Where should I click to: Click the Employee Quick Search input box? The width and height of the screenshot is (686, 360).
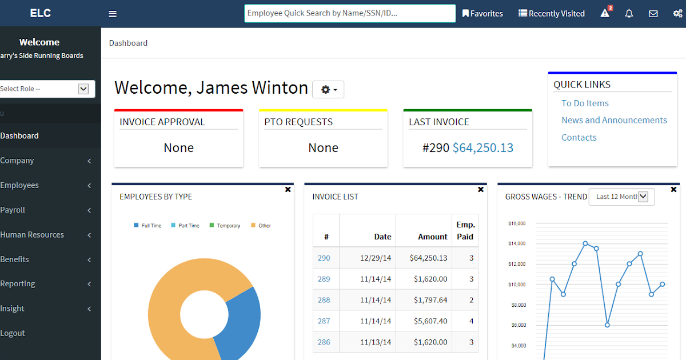point(349,13)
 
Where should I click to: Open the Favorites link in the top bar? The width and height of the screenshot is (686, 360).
point(483,14)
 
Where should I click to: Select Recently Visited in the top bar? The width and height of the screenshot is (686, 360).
point(552,14)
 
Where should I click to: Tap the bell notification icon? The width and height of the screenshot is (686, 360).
point(629,14)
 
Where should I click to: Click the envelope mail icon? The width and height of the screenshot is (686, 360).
point(653,14)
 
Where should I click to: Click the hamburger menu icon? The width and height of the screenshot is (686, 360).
point(113,14)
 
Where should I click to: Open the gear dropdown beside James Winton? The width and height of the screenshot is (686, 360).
point(328,90)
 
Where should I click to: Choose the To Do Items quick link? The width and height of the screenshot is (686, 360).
point(585,103)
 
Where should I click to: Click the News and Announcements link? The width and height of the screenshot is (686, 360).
point(614,120)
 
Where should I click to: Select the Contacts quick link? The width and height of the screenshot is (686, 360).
point(579,137)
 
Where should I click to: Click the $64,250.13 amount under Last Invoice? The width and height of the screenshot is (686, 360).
point(483,148)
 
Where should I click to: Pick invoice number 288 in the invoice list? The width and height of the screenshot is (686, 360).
point(324,300)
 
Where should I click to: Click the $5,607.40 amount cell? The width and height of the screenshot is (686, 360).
point(428,321)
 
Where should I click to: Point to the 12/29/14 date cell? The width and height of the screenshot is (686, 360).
point(375,258)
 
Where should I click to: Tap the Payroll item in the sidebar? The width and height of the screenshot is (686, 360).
point(13,210)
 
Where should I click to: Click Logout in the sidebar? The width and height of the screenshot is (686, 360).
point(13,333)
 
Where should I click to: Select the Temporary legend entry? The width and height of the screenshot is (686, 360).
point(228,226)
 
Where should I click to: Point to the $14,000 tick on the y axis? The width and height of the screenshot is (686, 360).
point(517,244)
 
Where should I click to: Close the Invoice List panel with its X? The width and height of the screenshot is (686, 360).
point(481,189)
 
